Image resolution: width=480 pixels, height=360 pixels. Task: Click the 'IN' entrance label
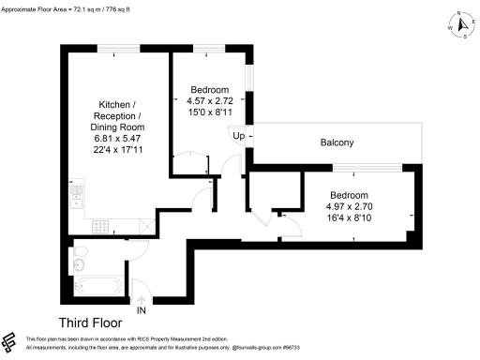[x=141, y=310]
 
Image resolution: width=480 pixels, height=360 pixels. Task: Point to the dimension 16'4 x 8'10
[x=350, y=218]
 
